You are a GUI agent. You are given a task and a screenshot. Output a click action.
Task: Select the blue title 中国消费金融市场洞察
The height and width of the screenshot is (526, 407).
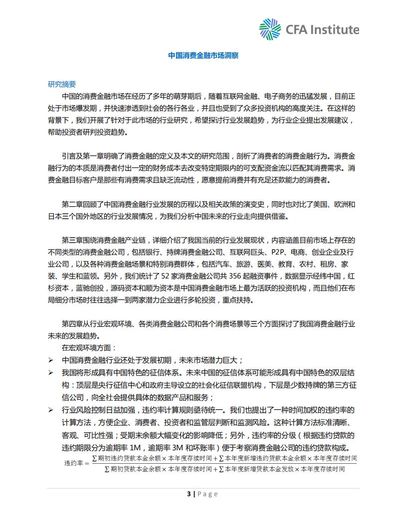coord(203,55)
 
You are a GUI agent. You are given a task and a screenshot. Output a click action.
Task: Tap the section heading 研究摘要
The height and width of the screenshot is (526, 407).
coord(62,84)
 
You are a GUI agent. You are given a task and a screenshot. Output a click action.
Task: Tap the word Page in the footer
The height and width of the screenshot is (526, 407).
coord(208,494)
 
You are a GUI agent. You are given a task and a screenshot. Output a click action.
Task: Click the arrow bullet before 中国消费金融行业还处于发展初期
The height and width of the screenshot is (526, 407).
coord(51,360)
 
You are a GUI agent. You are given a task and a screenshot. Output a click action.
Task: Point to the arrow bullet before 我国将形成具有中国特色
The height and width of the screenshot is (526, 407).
coord(51,373)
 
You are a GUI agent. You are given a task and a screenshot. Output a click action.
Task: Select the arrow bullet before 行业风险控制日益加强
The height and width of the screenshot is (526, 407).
coord(51,410)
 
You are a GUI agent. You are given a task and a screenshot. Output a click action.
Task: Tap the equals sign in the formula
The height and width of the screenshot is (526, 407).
coord(88,463)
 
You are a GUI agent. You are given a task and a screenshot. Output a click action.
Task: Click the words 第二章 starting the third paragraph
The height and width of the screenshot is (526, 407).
coord(72,204)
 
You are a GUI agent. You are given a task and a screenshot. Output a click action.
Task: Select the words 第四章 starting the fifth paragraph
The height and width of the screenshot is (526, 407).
coord(72,323)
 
